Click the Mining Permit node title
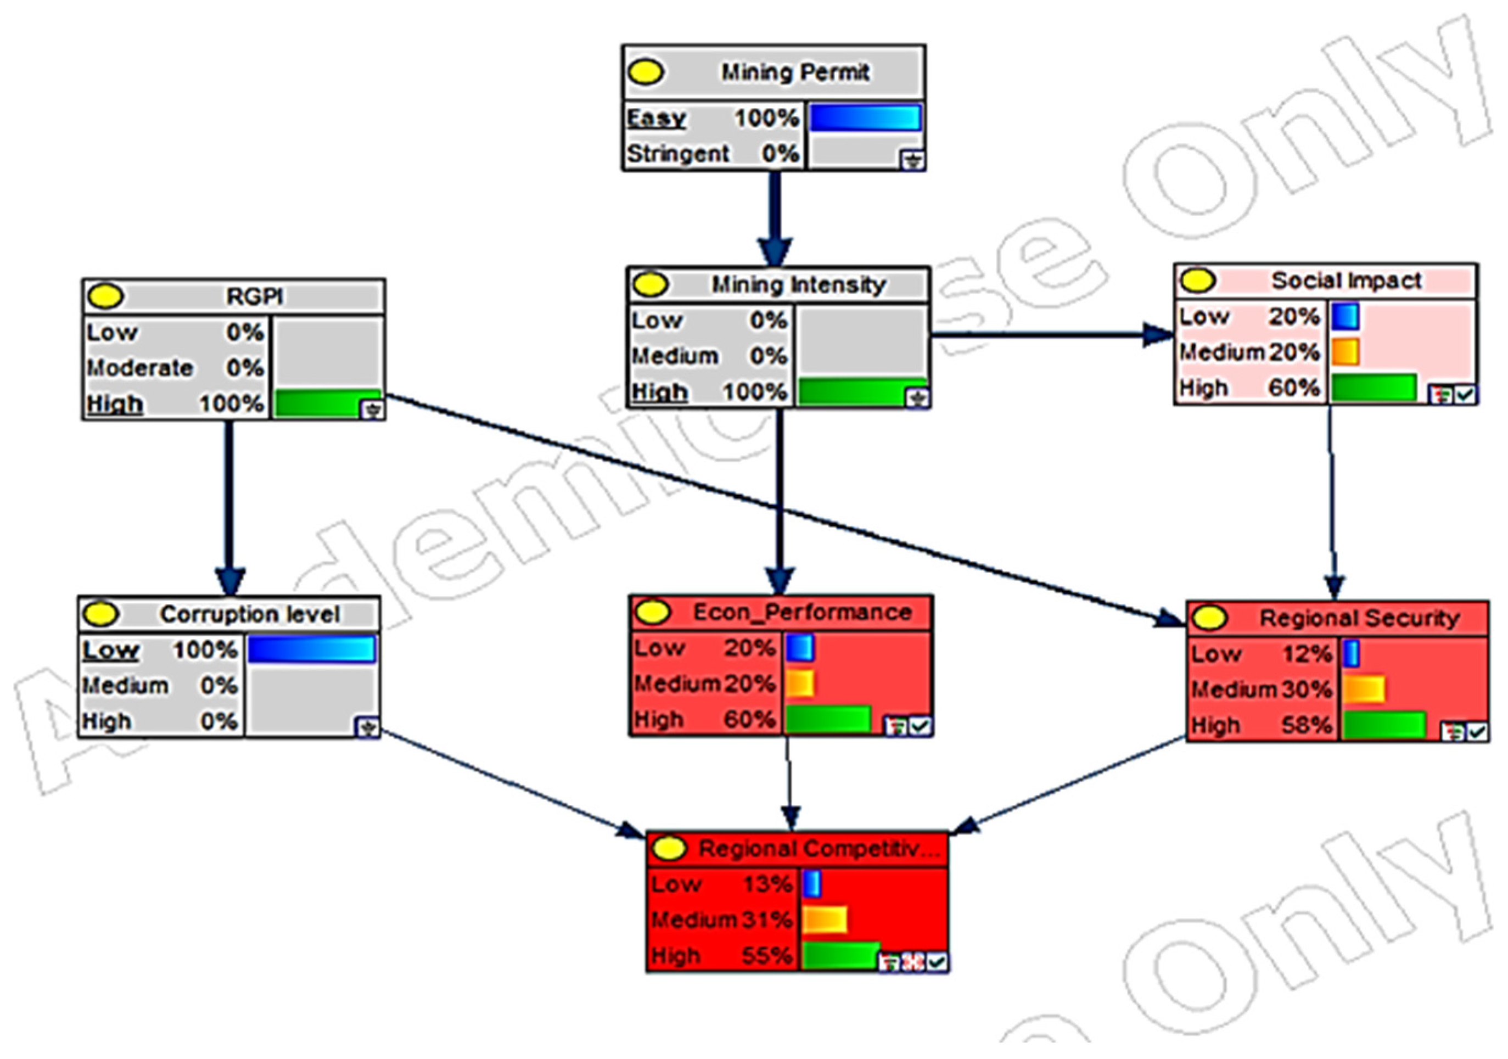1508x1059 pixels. click(x=795, y=72)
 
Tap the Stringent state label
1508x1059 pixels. click(x=677, y=154)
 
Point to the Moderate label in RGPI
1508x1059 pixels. click(x=139, y=368)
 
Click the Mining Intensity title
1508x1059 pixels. click(x=799, y=285)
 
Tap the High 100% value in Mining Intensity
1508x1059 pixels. click(x=755, y=392)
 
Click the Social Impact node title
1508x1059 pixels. click(x=1347, y=281)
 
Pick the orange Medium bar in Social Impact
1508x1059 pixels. click(x=1345, y=352)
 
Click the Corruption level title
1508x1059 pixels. click(x=250, y=615)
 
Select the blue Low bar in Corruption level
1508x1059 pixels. click(x=311, y=649)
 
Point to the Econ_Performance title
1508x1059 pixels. click(x=802, y=612)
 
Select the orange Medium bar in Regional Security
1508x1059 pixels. click(x=1364, y=689)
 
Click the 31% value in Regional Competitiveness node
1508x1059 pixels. click(x=767, y=920)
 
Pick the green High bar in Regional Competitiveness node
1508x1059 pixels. click(x=840, y=955)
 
